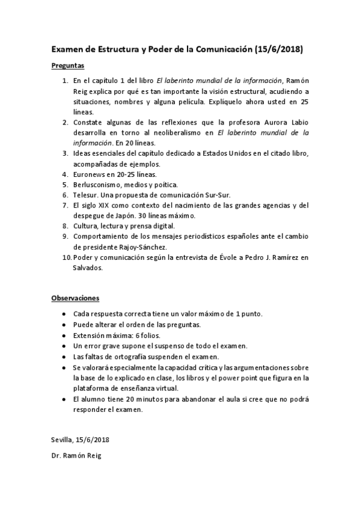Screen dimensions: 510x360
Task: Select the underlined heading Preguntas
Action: click(67, 66)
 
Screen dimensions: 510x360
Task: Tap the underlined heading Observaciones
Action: click(75, 298)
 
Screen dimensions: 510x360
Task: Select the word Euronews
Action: click(89, 174)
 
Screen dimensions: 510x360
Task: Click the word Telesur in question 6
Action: click(86, 195)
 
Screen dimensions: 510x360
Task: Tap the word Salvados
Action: click(87, 268)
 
